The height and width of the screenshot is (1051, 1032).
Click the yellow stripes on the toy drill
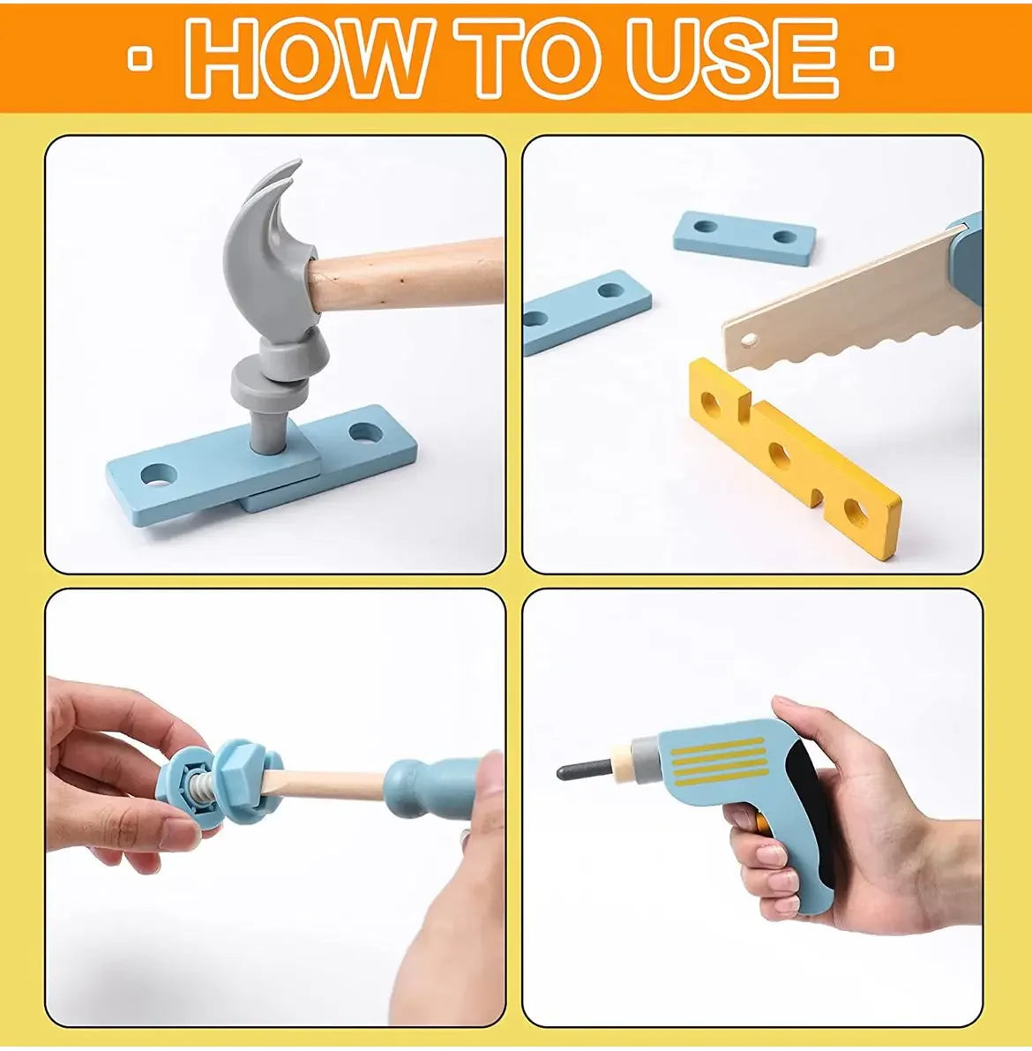tap(716, 761)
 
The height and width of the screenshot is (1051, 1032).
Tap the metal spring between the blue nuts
tap(200, 784)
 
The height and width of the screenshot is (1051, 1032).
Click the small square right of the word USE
tap(883, 58)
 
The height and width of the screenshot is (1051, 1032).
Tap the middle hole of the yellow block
tap(780, 456)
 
